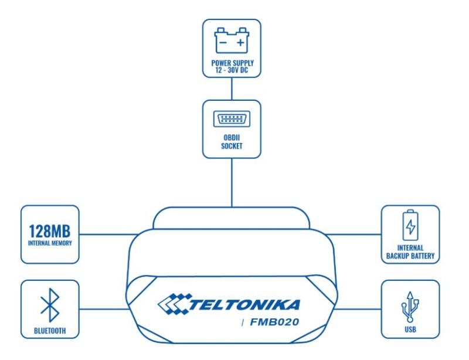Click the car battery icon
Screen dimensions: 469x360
(232, 40)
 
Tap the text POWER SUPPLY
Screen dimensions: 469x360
(232, 63)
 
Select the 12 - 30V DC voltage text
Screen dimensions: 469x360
(232, 70)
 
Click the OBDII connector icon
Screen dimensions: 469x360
(232, 119)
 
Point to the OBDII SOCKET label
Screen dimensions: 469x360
(232, 142)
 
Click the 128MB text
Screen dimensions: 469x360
(50, 231)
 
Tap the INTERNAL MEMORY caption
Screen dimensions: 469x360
(50, 243)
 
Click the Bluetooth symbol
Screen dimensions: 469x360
(50, 305)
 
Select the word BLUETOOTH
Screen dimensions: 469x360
(50, 331)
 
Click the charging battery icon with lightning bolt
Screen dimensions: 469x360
(410, 225)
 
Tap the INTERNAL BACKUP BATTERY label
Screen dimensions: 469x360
(410, 252)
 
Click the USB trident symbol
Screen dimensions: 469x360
(410, 307)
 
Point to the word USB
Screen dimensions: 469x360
(410, 330)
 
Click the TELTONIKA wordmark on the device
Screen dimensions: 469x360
(244, 305)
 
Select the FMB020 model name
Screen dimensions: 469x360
(274, 322)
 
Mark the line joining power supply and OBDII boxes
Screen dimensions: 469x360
(232, 89)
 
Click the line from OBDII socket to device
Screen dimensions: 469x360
(232, 182)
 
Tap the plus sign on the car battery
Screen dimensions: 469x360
(240, 43)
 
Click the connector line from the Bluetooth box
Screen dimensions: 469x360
(104, 309)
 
